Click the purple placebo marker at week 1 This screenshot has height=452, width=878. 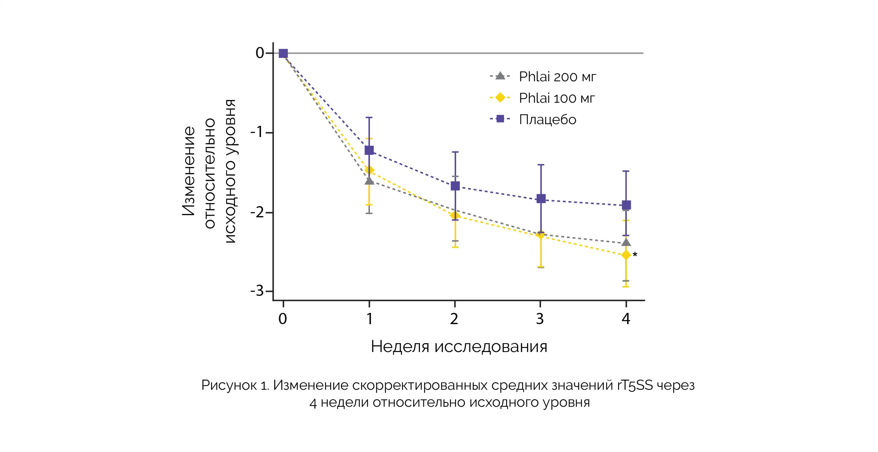click(x=369, y=150)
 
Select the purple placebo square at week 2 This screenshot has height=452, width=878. click(x=455, y=186)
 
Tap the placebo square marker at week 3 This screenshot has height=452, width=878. click(x=541, y=199)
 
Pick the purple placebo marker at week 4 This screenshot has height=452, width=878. click(x=627, y=205)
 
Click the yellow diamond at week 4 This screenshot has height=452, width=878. click(x=626, y=255)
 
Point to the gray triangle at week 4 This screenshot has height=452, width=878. click(x=626, y=242)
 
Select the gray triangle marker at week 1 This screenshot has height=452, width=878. click(x=369, y=181)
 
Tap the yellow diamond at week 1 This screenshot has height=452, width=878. click(x=369, y=170)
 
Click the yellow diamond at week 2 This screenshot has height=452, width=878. click(x=455, y=215)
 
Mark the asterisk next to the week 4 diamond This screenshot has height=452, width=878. click(x=635, y=254)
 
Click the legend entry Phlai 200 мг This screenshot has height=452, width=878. click(x=557, y=77)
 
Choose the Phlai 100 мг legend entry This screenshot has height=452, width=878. click(x=557, y=98)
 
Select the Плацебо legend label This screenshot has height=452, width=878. click(x=547, y=120)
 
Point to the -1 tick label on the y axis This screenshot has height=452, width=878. click(x=257, y=132)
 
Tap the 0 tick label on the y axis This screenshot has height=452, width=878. click(x=260, y=53)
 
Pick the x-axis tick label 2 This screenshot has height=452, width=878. click(x=454, y=319)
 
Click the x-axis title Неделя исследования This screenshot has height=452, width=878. click(x=459, y=347)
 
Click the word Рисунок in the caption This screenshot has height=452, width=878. click(x=229, y=385)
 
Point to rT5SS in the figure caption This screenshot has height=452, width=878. click(x=635, y=385)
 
